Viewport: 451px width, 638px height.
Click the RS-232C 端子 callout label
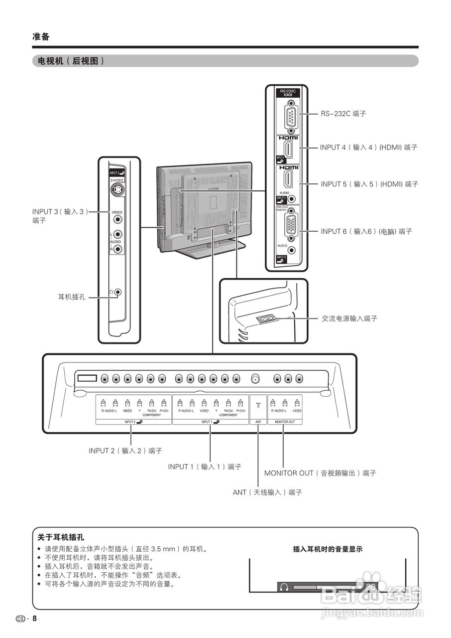coord(343,114)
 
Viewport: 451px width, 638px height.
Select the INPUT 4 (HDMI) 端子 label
coord(368,148)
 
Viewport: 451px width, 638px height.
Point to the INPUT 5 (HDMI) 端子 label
coord(369,184)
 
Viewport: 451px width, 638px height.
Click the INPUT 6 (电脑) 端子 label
coord(366,231)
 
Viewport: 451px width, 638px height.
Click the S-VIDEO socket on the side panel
coord(117,190)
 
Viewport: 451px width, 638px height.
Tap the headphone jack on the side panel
coord(117,292)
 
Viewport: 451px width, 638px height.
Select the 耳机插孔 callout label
coord(72,297)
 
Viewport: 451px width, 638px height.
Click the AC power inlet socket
coord(264,318)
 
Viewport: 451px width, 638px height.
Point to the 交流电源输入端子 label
coord(349,319)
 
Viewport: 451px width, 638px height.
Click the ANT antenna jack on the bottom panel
coord(256,379)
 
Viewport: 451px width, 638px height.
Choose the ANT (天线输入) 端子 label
coord(267,492)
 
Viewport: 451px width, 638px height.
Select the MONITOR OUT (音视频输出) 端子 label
coord(320,473)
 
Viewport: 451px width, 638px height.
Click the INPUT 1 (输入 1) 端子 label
coord(205,467)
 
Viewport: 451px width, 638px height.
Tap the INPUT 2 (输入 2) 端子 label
coord(125,451)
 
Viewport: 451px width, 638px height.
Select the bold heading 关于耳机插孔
coord(61,537)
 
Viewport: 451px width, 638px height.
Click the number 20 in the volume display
coord(370,587)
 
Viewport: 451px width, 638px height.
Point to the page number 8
coord(35,619)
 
